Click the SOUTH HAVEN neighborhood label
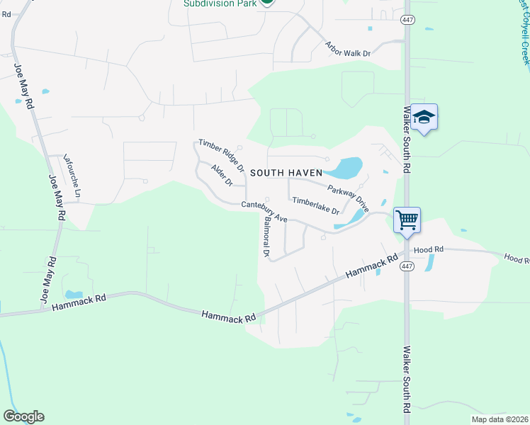click(x=286, y=172)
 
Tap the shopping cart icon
click(x=407, y=220)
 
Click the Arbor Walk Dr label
click(x=348, y=48)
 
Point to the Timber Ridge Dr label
click(x=221, y=156)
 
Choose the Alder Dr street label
click(x=222, y=175)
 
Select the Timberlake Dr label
click(x=316, y=206)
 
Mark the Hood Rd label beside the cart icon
click(x=428, y=249)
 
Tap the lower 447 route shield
click(x=406, y=266)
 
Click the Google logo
click(x=23, y=416)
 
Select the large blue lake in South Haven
click(x=345, y=168)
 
